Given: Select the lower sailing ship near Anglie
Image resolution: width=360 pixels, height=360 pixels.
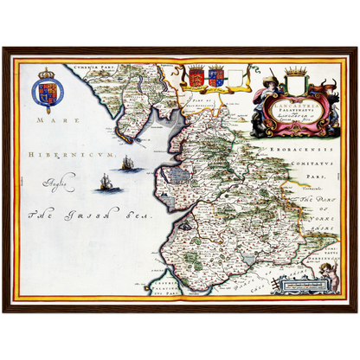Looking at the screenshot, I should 106,182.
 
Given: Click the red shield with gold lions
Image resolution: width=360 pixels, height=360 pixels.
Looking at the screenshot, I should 197,78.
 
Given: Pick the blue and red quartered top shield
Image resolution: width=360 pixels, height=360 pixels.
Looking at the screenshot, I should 215,78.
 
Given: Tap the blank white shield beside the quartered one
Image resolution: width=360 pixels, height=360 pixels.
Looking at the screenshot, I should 235,78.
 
